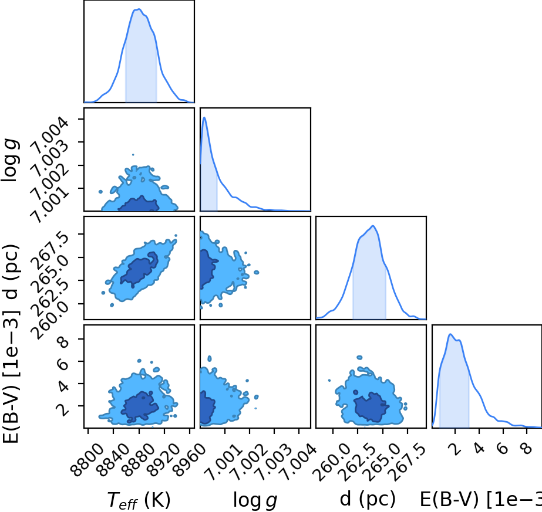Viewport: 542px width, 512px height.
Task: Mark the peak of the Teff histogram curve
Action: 139,9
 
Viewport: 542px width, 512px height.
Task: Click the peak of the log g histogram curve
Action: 204,117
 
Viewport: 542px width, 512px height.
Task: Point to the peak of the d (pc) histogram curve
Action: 373,226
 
